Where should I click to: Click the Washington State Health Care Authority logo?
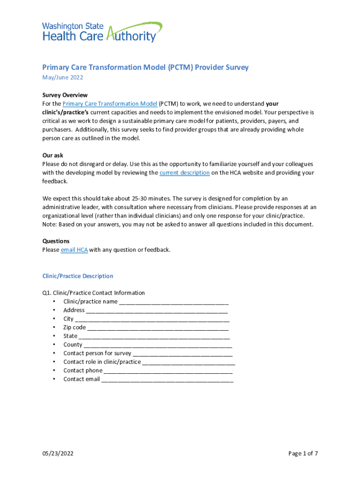coord(102,32)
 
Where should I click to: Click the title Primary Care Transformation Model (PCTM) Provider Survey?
coord(145,67)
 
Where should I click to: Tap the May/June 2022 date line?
coord(63,78)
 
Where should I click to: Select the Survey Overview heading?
coord(65,95)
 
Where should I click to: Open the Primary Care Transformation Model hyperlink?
coord(109,104)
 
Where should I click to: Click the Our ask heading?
coord(53,155)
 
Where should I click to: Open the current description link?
coord(184,173)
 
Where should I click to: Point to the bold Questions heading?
coord(56,241)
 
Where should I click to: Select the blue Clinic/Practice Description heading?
coord(78,276)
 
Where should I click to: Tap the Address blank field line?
coord(157,311)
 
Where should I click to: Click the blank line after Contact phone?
coord(168,371)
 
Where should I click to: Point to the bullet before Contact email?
coord(55,379)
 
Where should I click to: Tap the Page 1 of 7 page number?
coord(303,453)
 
